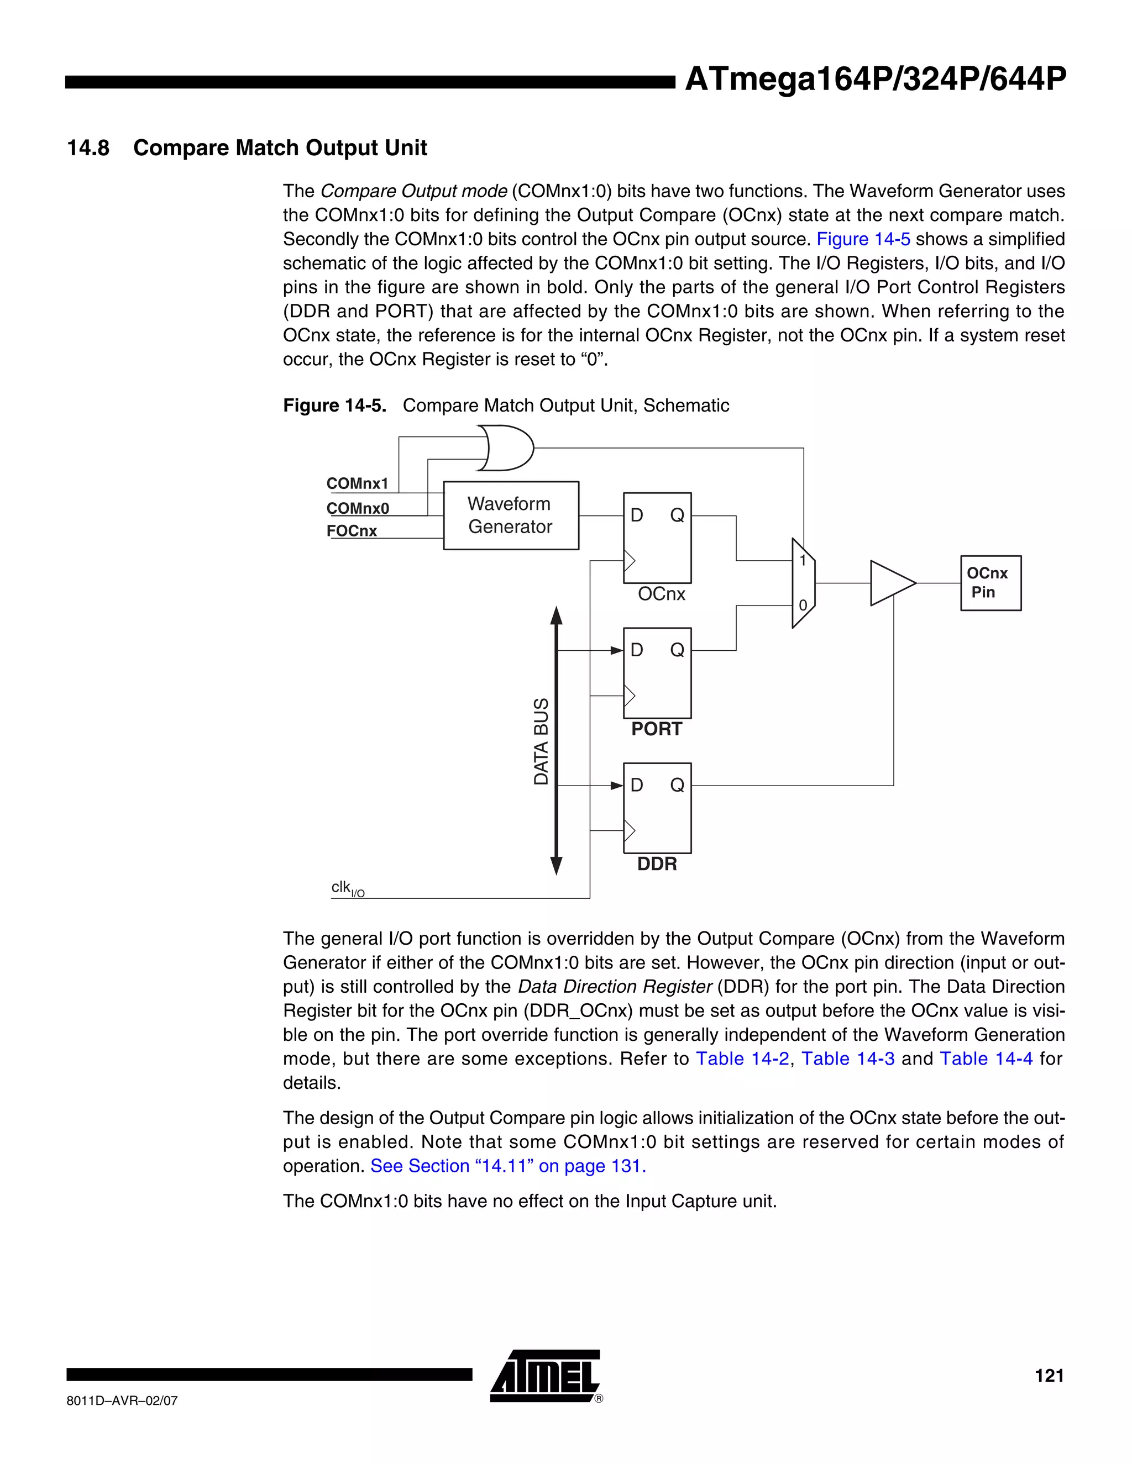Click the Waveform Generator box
(x=510, y=515)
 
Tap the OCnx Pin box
(x=990, y=582)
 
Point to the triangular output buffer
(x=890, y=582)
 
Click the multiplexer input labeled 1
(x=802, y=560)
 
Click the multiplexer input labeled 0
(x=802, y=605)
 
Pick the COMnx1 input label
(x=357, y=483)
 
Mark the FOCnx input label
(x=352, y=531)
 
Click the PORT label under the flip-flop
(x=656, y=729)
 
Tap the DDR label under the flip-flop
(x=657, y=864)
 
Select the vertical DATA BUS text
(x=541, y=741)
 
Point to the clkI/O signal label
(x=347, y=889)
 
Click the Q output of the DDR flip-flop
(x=677, y=785)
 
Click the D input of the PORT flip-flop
(x=636, y=650)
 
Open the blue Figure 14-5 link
(x=862, y=239)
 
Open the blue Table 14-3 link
(x=848, y=1058)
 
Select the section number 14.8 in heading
(x=88, y=148)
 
